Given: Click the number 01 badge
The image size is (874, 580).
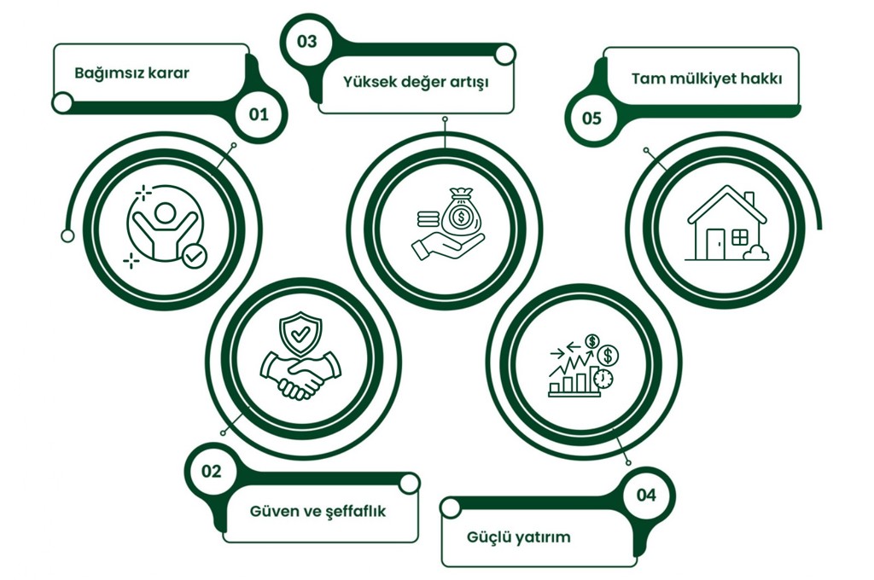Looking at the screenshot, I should click(x=258, y=113).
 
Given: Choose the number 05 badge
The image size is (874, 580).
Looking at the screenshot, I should click(x=591, y=118).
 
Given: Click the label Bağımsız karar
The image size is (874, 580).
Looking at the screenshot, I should click(x=131, y=73).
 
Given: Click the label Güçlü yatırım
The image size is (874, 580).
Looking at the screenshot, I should click(x=519, y=537).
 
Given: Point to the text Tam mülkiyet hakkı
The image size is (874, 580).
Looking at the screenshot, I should click(x=707, y=78).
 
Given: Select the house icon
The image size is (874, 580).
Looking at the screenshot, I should click(x=726, y=223).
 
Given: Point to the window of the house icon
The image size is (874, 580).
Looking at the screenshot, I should click(x=739, y=236).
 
